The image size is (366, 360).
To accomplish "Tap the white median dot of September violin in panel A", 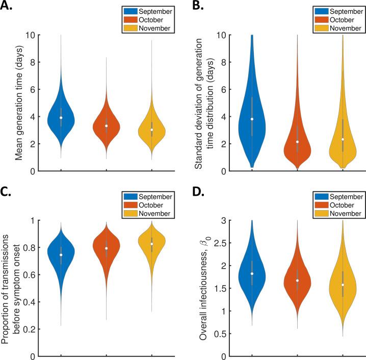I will pyautogui.click(x=61, y=118).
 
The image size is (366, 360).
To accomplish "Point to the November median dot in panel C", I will pyautogui.click(x=151, y=244).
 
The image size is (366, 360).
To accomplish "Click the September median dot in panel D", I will pyautogui.click(x=252, y=274).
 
